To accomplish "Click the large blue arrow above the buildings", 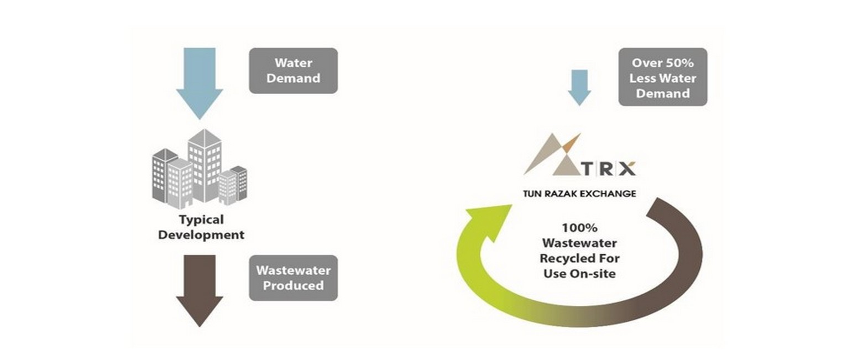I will tap(199, 80).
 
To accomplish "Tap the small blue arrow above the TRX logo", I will tap(579, 86).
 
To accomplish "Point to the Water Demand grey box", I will tap(293, 70).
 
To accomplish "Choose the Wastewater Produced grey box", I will tap(293, 278).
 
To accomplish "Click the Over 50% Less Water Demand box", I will tap(662, 78).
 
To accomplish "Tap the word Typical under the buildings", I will tap(201, 220).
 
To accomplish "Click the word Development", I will tap(201, 234).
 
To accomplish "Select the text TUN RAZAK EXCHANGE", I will tap(579, 194).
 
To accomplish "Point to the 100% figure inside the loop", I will tap(579, 227).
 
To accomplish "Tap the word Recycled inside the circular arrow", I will tap(579, 258).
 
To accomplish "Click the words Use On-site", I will tap(579, 273).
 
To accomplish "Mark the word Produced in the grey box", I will tap(293, 285).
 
